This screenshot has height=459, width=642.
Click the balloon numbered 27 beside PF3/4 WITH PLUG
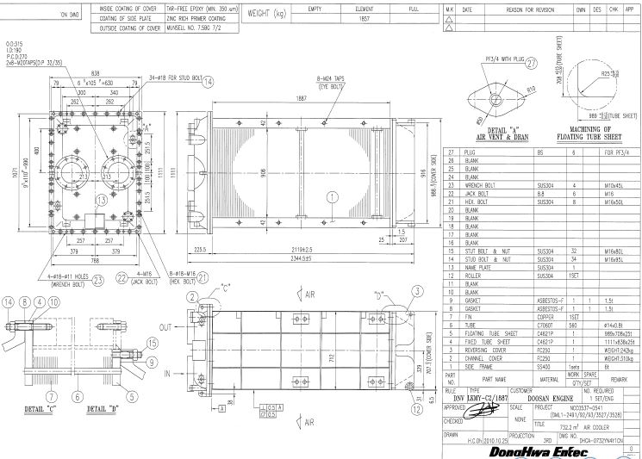[531, 63]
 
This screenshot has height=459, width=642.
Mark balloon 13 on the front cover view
[102, 200]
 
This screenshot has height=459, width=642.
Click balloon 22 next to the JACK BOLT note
[123, 278]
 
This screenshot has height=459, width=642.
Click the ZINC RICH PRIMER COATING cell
[178, 17]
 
